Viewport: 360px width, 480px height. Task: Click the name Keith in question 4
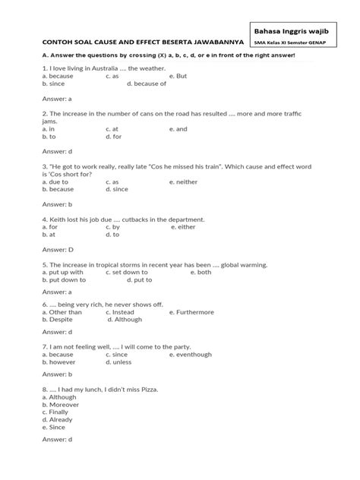[x=54, y=219]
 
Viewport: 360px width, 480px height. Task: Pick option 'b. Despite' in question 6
[x=61, y=319]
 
